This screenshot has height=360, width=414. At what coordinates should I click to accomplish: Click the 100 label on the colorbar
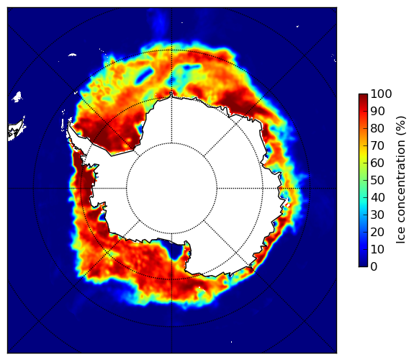coord(381,94)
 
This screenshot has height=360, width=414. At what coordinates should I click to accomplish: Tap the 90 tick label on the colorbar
coord(377,111)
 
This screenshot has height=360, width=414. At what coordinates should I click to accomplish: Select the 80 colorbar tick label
coord(377,129)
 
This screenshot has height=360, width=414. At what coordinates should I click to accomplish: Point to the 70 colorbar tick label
coord(377,145)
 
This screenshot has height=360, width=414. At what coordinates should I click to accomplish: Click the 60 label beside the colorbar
coord(377,163)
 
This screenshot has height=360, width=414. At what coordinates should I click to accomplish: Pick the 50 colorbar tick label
coord(377,181)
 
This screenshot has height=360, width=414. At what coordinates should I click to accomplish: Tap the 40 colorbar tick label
coord(377,197)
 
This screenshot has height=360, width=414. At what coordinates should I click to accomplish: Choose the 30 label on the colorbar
coord(377,215)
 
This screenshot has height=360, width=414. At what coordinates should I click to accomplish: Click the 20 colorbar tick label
coord(377,232)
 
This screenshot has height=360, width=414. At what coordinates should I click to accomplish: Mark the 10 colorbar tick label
coord(377,249)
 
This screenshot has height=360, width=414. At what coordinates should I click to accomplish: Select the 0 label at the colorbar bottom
coord(374,267)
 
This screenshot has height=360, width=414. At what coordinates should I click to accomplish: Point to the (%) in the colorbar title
coord(401,126)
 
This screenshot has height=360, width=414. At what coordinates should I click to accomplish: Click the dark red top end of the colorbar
coord(363,96)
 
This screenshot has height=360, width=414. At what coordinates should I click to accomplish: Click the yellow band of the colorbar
coord(363,155)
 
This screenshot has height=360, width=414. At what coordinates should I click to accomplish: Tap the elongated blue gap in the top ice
coord(145,75)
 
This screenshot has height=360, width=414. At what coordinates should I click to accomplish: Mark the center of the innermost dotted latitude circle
coord(171,189)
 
